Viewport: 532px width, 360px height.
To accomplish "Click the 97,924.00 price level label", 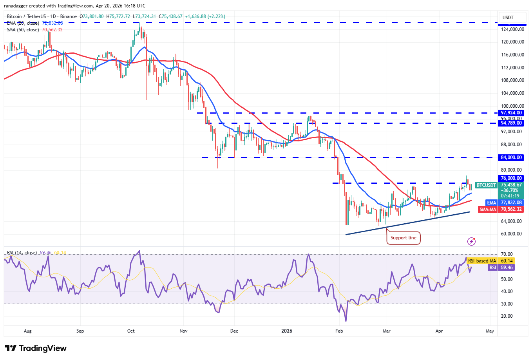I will pos(511,113).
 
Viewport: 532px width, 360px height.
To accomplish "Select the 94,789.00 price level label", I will pos(511,123).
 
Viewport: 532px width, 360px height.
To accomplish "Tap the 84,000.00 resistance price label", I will pos(511,157).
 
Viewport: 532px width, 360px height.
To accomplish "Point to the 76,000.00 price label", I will pos(511,178).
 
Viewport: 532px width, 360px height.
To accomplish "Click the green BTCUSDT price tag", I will pos(486,185).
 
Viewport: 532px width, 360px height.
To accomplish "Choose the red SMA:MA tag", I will pos(488,209).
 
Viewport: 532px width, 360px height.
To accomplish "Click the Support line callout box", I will pos(403,238).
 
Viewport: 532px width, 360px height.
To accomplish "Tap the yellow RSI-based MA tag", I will pos(482,261).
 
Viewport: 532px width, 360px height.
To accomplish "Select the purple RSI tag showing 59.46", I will pos(492,268).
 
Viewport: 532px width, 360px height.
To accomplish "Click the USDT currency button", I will pos(508,18).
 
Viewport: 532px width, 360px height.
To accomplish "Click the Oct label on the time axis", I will pos(131,331).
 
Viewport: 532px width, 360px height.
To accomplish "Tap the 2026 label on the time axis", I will pos(287,331).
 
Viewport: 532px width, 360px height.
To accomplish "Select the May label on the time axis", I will pos(490,331).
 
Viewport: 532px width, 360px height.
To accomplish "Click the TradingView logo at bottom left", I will pos(36,348).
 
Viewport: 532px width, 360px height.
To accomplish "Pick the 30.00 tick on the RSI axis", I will pos(507,304).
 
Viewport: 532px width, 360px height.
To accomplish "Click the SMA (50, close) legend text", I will pos(23,30).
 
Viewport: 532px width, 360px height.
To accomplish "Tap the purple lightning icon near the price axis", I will pos(471,241).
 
